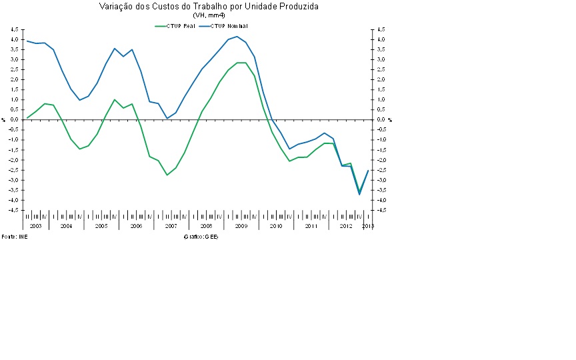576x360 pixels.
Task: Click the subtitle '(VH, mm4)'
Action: (209, 15)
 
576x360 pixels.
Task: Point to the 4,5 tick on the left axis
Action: (15, 30)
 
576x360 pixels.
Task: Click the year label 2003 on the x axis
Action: (35, 227)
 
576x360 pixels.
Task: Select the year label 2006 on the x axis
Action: (136, 227)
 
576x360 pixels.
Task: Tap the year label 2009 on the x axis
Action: (241, 227)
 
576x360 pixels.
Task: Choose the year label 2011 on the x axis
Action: (311, 227)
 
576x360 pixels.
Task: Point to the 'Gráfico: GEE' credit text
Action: (201, 237)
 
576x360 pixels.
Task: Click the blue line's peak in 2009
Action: (237, 37)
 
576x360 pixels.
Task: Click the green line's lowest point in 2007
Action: (167, 175)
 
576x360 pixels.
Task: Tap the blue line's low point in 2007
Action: (167, 118)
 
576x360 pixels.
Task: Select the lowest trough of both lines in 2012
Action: (359, 194)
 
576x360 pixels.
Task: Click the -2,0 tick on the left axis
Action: (15, 160)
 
